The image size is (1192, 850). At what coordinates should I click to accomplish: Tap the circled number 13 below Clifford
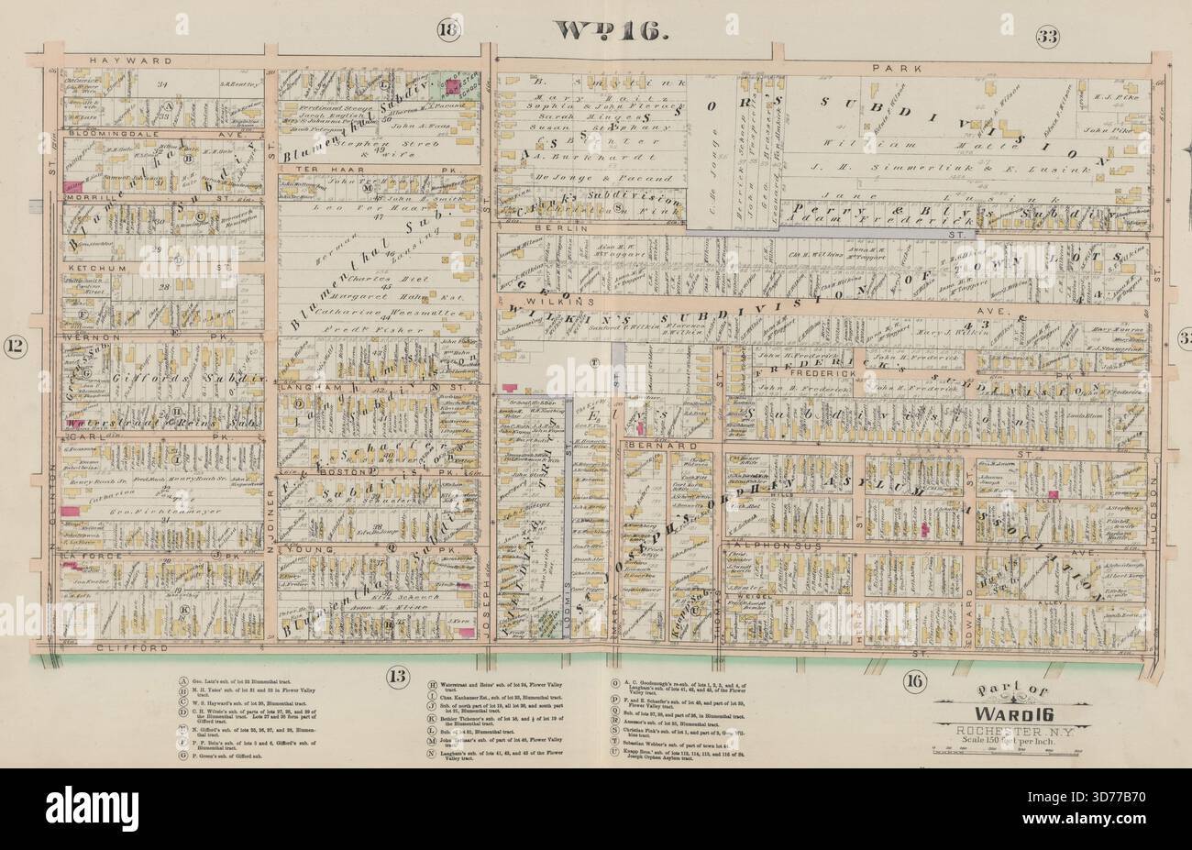click(x=396, y=678)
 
